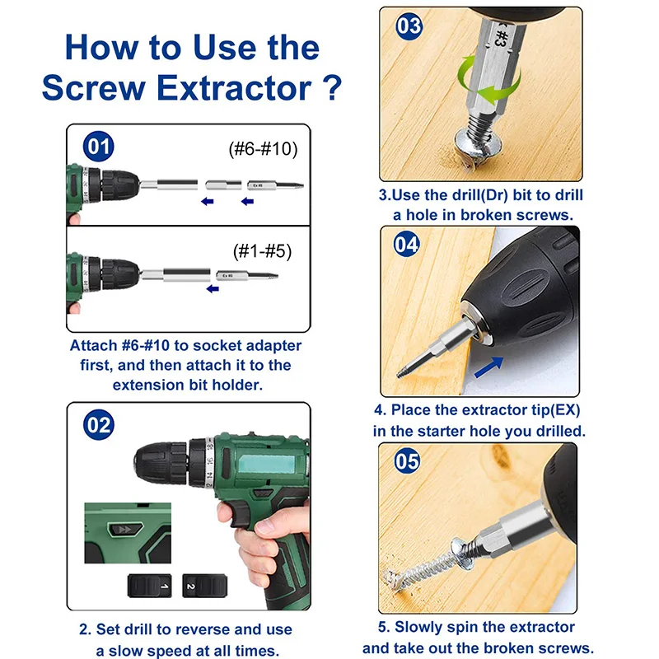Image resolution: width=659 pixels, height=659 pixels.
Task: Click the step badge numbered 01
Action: click(x=98, y=147)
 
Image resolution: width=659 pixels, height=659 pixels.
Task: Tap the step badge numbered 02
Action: click(x=99, y=425)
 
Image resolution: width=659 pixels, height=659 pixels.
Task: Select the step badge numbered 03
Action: click(x=409, y=26)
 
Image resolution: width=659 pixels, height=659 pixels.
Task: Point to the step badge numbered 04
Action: click(x=406, y=244)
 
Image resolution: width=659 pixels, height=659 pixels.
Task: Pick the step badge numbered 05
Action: click(x=407, y=460)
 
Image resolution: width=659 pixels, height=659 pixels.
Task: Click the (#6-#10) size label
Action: click(x=263, y=149)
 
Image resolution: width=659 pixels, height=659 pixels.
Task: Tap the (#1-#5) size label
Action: click(x=262, y=251)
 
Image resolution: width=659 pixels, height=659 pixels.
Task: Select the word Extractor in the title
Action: click(x=234, y=88)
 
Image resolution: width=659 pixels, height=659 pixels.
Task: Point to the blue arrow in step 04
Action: click(x=488, y=367)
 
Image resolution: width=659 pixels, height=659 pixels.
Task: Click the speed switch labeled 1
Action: click(x=150, y=586)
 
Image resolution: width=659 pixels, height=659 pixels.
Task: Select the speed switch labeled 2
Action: click(x=204, y=586)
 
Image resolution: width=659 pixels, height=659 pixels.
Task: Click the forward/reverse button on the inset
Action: click(x=125, y=529)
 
